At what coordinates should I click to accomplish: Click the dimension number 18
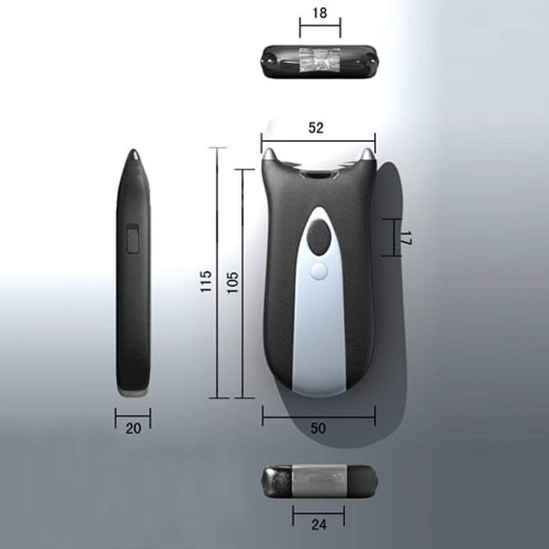320,13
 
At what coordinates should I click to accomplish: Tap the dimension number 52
316,128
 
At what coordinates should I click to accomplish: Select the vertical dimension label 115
205,281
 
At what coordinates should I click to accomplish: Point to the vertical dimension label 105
232,282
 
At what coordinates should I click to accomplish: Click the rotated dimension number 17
405,238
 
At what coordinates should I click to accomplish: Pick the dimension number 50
318,428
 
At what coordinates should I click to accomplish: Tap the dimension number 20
133,428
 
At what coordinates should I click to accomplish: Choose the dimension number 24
318,525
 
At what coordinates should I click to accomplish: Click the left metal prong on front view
269,155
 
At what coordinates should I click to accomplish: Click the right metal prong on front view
367,155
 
